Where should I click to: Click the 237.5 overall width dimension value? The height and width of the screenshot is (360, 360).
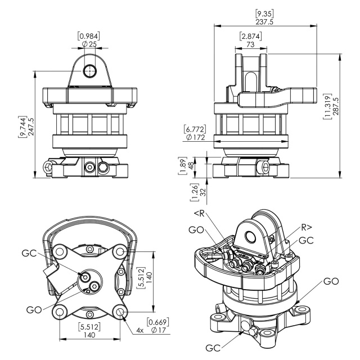[x=264, y=22]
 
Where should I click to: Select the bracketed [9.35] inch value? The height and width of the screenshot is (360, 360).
[x=264, y=13]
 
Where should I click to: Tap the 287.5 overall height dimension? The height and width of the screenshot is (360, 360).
[x=336, y=106]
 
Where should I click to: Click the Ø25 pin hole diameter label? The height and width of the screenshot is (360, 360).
[x=89, y=44]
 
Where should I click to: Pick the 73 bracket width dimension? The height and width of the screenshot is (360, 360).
[x=250, y=44]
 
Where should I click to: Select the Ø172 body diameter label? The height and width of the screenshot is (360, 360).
[x=195, y=137]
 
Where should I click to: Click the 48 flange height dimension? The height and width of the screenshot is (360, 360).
[x=191, y=165]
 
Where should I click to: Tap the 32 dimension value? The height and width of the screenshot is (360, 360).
[x=202, y=192]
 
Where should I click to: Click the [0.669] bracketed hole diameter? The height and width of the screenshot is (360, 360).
[x=158, y=322]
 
